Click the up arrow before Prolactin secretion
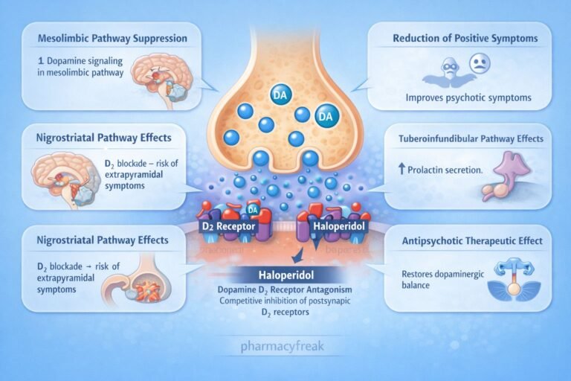click(x=402, y=170)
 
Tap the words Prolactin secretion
click(x=446, y=170)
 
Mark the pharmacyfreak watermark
click(x=285, y=345)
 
